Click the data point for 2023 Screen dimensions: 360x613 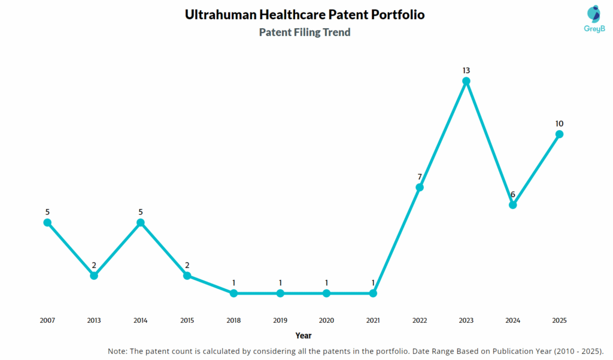point(466,81)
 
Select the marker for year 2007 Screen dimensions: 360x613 point(47,222)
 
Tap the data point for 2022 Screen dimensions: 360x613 point(420,187)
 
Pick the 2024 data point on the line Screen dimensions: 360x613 point(512,205)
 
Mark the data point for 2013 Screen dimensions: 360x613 point(94,276)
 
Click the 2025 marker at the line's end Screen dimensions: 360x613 point(559,134)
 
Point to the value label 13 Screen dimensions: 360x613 point(466,71)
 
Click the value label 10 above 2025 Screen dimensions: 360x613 point(559,124)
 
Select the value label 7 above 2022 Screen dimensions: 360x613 point(420,177)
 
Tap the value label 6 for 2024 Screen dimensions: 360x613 point(512,195)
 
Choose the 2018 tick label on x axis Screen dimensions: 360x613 point(233,320)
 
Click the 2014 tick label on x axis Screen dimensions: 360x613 point(140,320)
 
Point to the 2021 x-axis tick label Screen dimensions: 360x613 point(373,320)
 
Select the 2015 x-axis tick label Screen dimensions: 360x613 point(187,320)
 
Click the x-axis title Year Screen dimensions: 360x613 point(303,335)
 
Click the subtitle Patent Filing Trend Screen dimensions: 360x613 point(304,32)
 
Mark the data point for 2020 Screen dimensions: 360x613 point(326,293)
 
